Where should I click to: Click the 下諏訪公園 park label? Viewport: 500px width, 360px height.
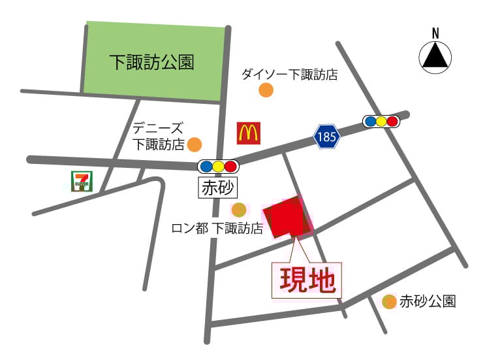point(151,63)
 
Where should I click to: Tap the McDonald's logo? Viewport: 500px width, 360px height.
point(248,133)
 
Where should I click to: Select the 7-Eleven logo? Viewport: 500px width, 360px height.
point(81,181)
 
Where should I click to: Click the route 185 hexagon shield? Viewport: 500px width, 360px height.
point(326,137)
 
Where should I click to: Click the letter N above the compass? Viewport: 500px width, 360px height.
point(435,33)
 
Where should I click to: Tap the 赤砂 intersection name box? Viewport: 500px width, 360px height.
point(217,188)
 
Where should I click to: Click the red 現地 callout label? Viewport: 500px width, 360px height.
point(307,281)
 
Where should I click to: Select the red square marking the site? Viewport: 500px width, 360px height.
point(287,218)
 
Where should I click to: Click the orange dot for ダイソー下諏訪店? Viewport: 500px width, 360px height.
point(266,90)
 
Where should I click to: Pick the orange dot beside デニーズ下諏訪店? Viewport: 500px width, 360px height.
point(195,144)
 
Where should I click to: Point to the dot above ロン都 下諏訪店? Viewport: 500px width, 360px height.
point(239,210)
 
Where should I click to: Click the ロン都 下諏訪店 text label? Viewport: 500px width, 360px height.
point(217,228)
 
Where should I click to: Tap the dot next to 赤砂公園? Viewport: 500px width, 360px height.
point(389,301)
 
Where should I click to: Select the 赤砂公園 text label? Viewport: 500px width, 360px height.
point(428,301)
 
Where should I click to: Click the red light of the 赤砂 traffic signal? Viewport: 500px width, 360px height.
point(230,166)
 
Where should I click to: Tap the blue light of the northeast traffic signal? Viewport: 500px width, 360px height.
point(370,121)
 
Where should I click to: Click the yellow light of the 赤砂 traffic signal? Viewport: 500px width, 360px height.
point(219,166)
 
